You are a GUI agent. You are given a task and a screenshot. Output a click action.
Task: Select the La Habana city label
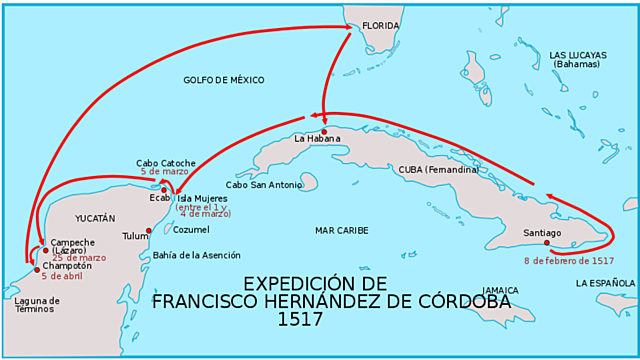tap(317, 139)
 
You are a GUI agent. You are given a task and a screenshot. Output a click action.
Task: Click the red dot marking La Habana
tap(324, 131)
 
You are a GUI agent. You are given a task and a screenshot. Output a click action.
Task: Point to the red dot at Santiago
tap(547, 242)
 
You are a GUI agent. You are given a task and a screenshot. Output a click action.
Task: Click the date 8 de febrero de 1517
tap(568, 260)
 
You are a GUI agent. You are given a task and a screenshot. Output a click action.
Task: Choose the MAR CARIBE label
tap(343, 230)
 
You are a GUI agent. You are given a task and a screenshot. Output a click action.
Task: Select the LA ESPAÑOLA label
tap(605, 283)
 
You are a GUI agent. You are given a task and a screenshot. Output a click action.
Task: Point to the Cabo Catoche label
tap(166, 163)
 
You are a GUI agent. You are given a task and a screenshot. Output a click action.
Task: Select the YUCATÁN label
tap(96, 217)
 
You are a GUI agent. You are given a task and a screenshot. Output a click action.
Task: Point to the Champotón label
tap(67, 266)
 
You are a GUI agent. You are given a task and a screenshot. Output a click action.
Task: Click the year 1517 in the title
tap(301, 321)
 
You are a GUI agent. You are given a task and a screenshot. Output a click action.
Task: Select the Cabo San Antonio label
tap(262, 184)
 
